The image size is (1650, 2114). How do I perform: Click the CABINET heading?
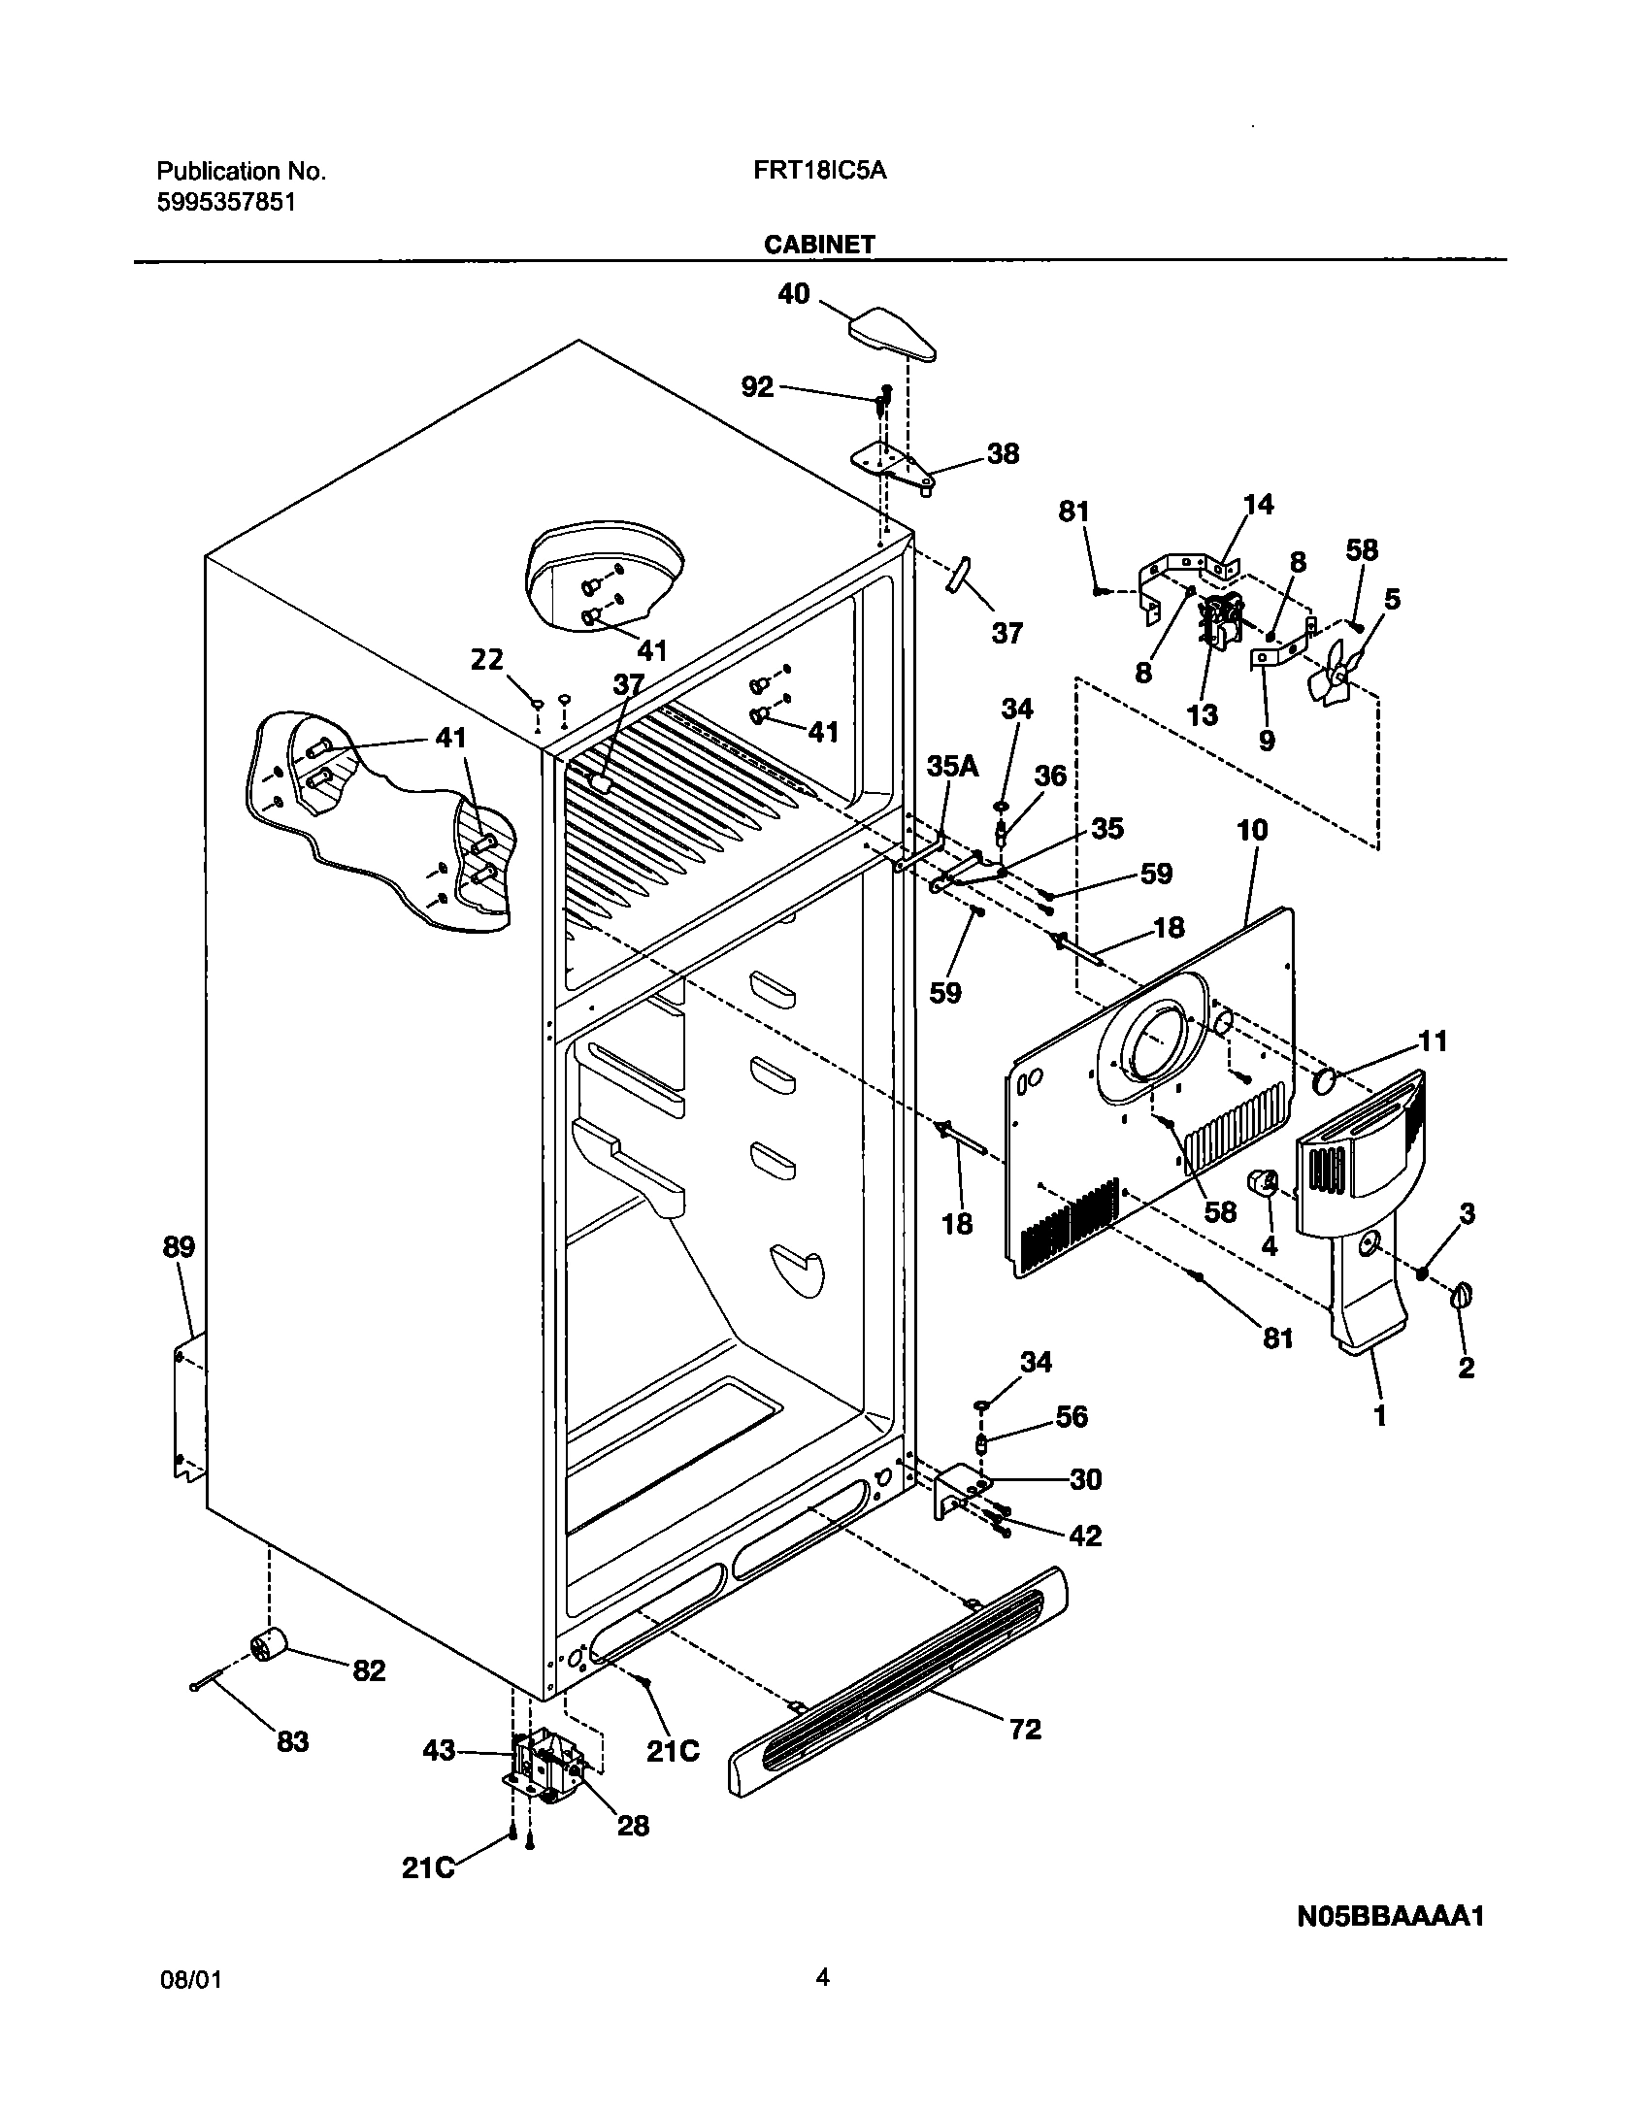point(818,245)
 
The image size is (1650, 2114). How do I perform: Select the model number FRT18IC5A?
point(818,171)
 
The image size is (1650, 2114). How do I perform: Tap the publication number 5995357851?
point(226,202)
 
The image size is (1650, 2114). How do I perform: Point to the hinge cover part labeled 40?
point(894,333)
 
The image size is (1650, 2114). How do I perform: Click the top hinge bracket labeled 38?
point(891,465)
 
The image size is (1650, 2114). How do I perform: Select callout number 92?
point(757,387)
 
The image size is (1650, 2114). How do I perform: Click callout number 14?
point(1258,505)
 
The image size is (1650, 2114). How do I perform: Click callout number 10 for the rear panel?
point(1252,830)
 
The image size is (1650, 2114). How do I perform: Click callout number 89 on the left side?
point(179,1247)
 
